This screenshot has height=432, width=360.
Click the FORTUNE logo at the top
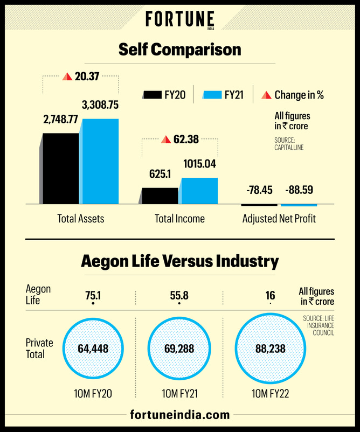(179, 20)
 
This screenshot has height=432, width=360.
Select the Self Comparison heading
(179, 50)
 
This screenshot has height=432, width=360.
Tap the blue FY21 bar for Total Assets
(100, 161)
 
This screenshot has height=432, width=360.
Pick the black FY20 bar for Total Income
(160, 196)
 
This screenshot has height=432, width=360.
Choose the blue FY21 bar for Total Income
(199, 191)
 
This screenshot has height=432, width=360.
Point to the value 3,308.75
(100, 104)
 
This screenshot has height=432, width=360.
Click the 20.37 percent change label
(81, 76)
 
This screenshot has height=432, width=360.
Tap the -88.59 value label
(299, 190)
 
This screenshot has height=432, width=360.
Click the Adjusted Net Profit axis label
(279, 219)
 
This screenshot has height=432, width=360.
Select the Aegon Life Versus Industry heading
(179, 262)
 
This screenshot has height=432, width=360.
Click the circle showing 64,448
(93, 349)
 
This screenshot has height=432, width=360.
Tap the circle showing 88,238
(270, 349)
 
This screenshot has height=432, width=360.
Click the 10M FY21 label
(179, 394)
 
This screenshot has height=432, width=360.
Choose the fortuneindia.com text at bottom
(179, 415)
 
